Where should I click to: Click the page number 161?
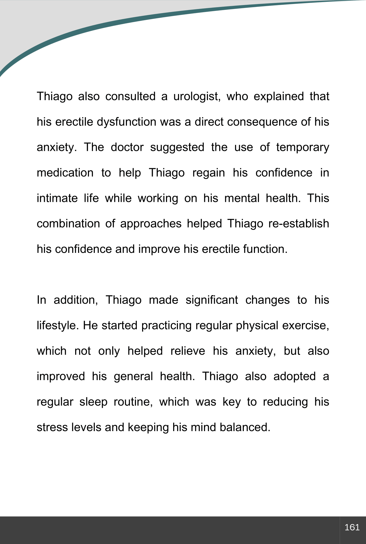352,527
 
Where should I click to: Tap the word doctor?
127,147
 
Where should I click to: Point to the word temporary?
303,147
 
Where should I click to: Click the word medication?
65,173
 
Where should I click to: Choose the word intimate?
57,198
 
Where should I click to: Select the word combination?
68,224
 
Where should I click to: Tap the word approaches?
151,224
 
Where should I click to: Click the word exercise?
305,325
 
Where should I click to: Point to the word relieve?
188,351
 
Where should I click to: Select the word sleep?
93,402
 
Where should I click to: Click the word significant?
212,300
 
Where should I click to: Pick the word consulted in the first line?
130,96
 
